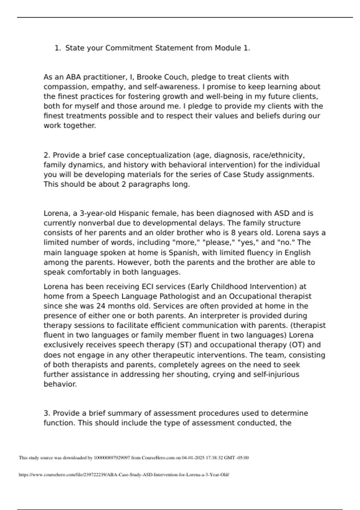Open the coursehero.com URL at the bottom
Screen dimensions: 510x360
[x=124, y=475]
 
